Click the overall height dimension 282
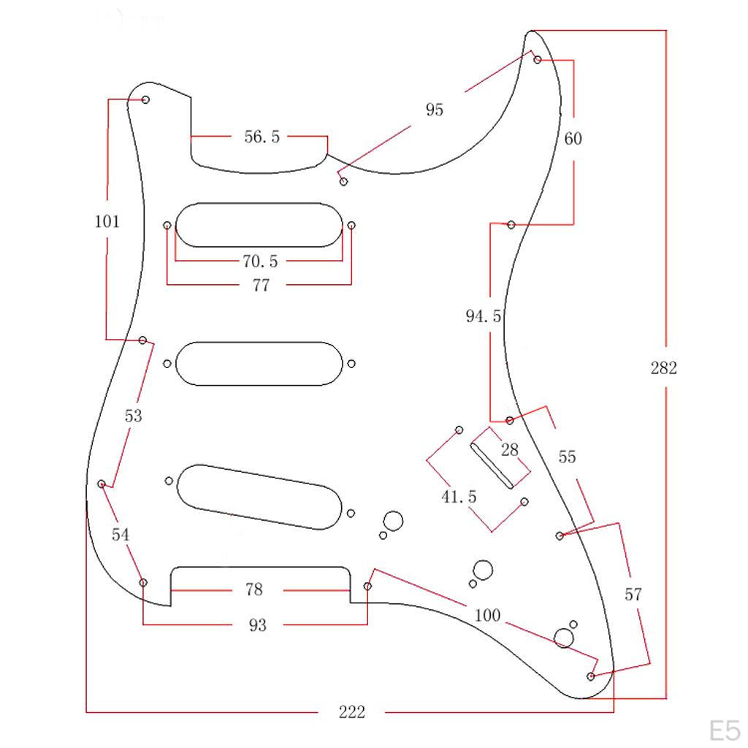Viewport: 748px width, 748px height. click(x=663, y=367)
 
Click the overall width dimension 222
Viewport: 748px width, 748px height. click(x=351, y=711)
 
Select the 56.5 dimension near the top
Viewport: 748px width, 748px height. click(x=262, y=137)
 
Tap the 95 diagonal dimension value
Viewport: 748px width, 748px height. click(x=434, y=110)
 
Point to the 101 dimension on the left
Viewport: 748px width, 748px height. click(x=107, y=221)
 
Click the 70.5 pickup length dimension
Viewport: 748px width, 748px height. click(x=260, y=261)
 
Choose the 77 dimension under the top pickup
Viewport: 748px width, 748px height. click(x=261, y=286)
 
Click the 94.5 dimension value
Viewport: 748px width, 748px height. click(x=484, y=316)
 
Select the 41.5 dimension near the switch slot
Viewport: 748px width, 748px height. click(x=459, y=497)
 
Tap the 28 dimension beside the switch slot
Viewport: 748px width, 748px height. click(x=510, y=449)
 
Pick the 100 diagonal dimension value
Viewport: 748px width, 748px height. click(x=487, y=615)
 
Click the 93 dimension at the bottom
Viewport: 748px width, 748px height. click(x=258, y=625)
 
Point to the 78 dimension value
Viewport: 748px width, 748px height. click(x=253, y=589)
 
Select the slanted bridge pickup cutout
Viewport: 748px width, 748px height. click(x=259, y=497)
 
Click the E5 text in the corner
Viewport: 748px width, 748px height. click(x=725, y=730)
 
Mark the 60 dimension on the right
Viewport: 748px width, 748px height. click(x=573, y=138)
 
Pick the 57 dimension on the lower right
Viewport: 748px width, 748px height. click(x=633, y=594)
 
